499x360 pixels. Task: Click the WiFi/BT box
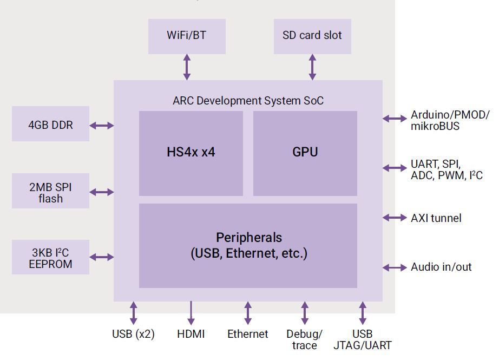coord(187,36)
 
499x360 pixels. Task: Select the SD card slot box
coord(312,36)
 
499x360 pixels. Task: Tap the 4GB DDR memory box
coord(50,125)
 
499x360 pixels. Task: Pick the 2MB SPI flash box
coord(50,192)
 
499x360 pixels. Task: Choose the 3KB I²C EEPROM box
coord(50,258)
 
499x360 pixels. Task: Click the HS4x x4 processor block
coord(191,153)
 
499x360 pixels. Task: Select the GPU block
coord(305,153)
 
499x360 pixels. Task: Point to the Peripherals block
coord(248,245)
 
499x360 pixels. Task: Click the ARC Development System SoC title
coord(248,101)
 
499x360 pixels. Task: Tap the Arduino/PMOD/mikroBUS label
coord(449,120)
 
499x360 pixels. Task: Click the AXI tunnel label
coord(436,218)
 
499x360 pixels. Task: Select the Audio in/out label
coord(441,267)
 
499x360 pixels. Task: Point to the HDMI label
coord(191,334)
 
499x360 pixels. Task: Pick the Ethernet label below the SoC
coord(247,334)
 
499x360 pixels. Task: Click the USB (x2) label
coord(133,334)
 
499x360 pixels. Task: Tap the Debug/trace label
coord(304,339)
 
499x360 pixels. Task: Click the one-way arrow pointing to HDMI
coord(191,313)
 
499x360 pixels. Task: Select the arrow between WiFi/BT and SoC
coord(187,67)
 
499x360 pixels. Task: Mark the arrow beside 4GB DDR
coord(101,126)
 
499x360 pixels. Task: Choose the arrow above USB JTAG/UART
coord(362,313)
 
